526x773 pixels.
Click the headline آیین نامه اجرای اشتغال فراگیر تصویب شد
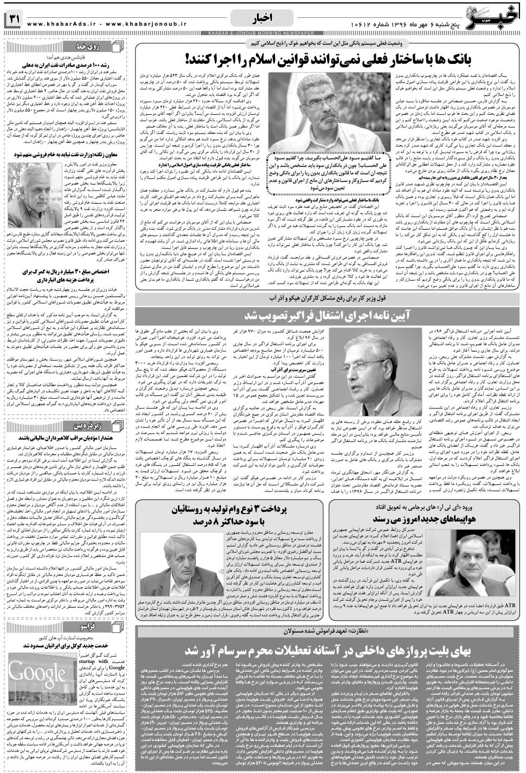pos(328,315)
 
